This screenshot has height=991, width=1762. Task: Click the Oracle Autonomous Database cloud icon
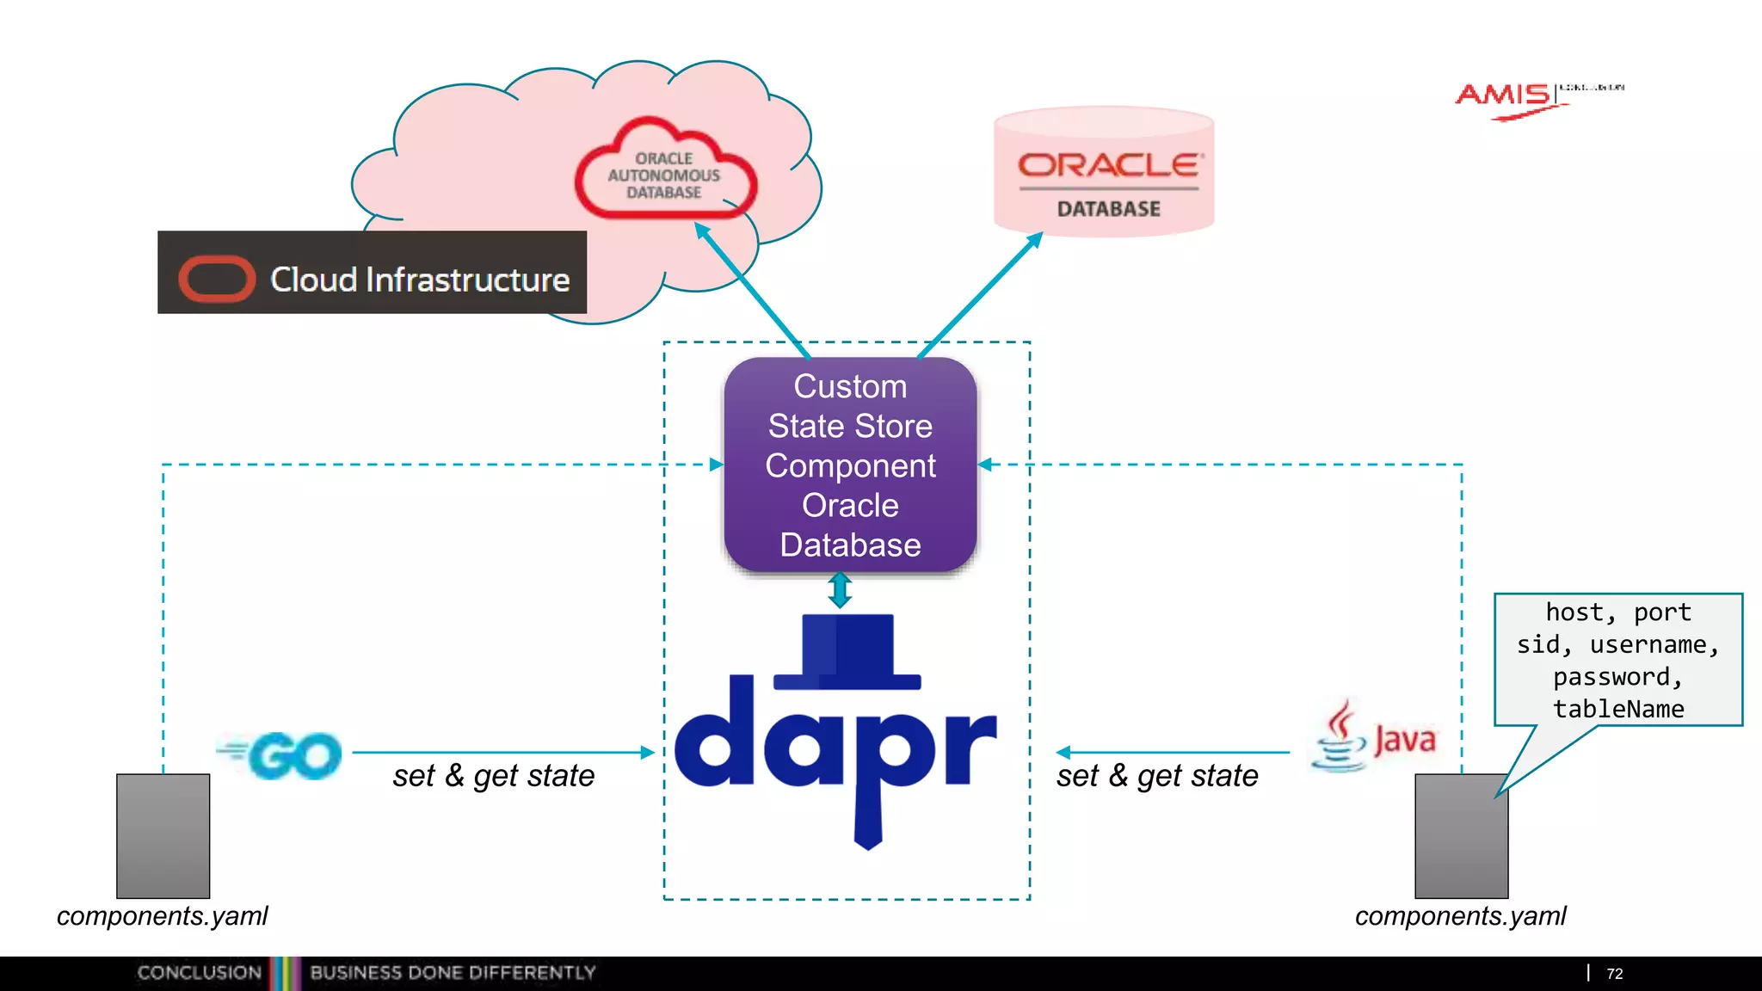[x=665, y=171]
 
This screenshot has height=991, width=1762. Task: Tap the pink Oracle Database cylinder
[x=1104, y=173]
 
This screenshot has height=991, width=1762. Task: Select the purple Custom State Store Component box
[x=850, y=465]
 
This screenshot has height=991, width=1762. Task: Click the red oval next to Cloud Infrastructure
[x=216, y=280]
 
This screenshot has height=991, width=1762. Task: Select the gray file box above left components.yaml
[x=163, y=835]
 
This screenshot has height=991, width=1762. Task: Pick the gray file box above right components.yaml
[x=1461, y=835]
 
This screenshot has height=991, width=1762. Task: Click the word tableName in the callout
[x=1617, y=709]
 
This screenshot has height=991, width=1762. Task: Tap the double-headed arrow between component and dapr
[x=840, y=590]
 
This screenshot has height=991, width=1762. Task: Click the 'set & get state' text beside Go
[x=494, y=776]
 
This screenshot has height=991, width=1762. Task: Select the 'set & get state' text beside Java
[x=1157, y=776]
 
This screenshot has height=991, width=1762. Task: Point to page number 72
[x=1614, y=974]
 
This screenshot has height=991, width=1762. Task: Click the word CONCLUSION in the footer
[x=199, y=973]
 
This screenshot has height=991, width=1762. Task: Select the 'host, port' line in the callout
[x=1617, y=612]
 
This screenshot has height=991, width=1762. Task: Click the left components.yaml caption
[x=163, y=916]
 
